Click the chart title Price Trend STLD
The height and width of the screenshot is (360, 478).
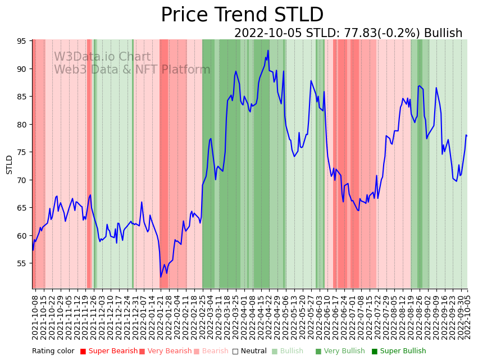pos(242,15)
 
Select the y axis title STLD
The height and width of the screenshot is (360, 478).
pos(9,165)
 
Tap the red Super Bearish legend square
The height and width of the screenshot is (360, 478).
pos(83,352)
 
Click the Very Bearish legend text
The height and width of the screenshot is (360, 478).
pos(169,352)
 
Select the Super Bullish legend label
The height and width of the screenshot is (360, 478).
pos(403,352)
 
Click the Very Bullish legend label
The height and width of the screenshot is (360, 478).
pos(344,352)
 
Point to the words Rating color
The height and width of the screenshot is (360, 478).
pos(53,352)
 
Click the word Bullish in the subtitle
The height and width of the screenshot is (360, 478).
pos(443,33)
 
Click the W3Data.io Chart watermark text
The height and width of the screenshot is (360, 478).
pos(102,57)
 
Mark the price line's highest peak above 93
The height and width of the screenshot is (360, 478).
pos(268,51)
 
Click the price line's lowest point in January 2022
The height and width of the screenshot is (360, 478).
pos(161,277)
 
